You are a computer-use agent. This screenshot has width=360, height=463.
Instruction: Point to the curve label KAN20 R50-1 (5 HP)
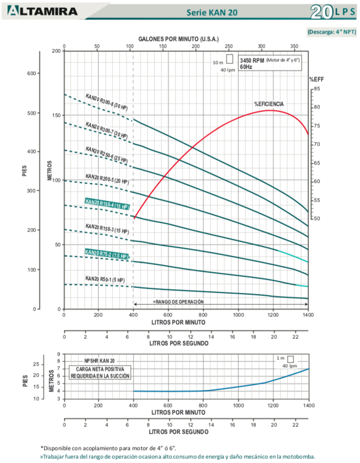104,280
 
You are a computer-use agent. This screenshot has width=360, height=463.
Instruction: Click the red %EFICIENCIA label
269,104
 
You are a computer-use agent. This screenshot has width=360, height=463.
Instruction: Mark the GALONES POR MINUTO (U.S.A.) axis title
178,39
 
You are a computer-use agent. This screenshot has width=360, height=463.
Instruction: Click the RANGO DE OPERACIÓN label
178,302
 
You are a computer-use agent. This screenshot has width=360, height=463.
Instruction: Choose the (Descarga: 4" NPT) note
332,31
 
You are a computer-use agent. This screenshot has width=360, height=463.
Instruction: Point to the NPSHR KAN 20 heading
100,361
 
